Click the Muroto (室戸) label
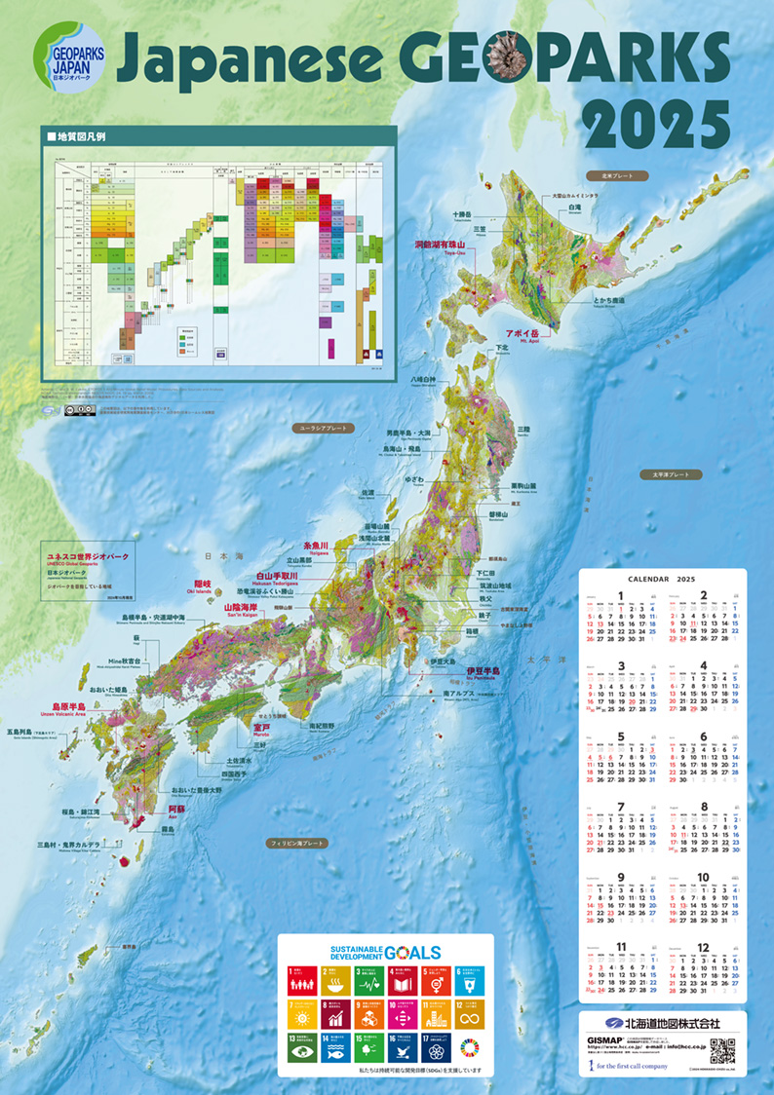(262, 727)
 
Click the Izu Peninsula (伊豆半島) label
(483, 671)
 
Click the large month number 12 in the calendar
(703, 948)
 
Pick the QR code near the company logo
(721, 1052)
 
